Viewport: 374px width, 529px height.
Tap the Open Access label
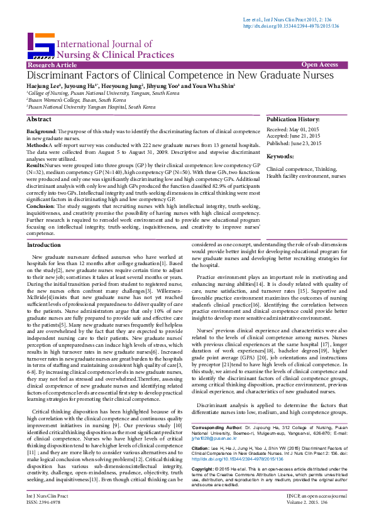[x=319, y=65]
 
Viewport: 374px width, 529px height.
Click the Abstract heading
[x=40, y=119]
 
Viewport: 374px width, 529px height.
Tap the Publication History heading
[x=293, y=119]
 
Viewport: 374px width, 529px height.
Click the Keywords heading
[x=280, y=156]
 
